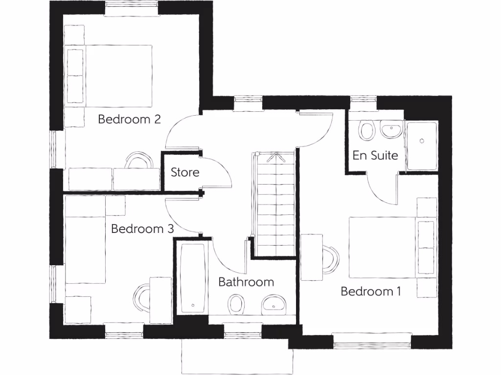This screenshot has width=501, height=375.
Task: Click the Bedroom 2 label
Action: click(x=130, y=119)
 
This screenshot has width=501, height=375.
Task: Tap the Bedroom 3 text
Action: click(x=143, y=229)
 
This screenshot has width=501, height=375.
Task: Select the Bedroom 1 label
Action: click(x=371, y=292)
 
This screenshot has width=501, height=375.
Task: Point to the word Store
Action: click(x=185, y=172)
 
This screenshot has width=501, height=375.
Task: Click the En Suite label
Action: click(x=375, y=156)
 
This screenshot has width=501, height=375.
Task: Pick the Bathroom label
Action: click(x=246, y=282)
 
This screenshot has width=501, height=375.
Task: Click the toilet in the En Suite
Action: click(x=366, y=129)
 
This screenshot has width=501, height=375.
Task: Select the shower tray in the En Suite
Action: click(x=421, y=146)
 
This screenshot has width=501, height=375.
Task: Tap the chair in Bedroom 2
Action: click(x=139, y=161)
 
